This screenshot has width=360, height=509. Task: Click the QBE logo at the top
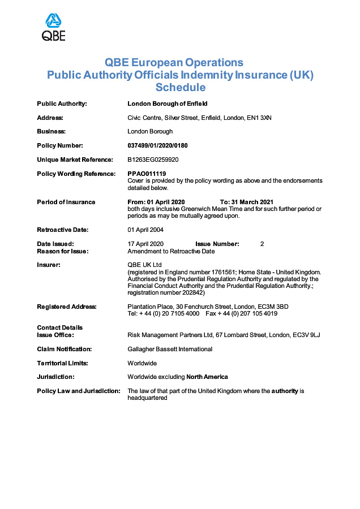(x=54, y=27)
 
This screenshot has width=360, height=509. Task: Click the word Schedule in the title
(x=180, y=88)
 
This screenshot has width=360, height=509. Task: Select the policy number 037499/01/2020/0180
(x=158, y=145)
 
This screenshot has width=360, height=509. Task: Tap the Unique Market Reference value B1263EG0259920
(x=153, y=159)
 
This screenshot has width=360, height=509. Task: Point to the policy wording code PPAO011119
(x=147, y=174)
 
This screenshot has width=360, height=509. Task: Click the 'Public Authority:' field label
(x=62, y=103)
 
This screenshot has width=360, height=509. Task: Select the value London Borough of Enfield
(x=168, y=103)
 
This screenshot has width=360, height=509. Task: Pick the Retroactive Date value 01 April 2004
(x=145, y=230)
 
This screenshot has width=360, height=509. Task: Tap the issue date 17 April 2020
(x=145, y=244)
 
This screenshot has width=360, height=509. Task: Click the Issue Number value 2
(x=262, y=244)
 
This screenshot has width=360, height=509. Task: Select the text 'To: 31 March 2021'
(x=246, y=202)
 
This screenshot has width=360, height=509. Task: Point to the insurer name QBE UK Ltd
(x=145, y=265)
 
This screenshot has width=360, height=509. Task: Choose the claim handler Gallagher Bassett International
(x=170, y=349)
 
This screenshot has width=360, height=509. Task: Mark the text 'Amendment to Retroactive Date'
(x=171, y=251)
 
